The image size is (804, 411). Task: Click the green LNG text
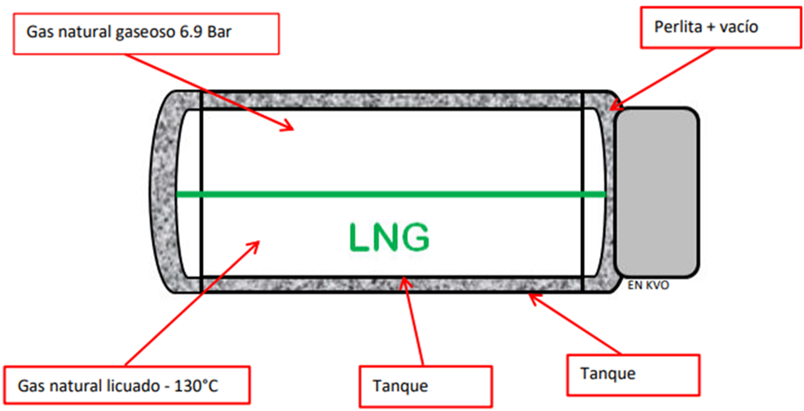387,238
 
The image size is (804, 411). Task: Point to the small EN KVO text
648,287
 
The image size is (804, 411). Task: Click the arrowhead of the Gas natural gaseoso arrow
292,129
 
